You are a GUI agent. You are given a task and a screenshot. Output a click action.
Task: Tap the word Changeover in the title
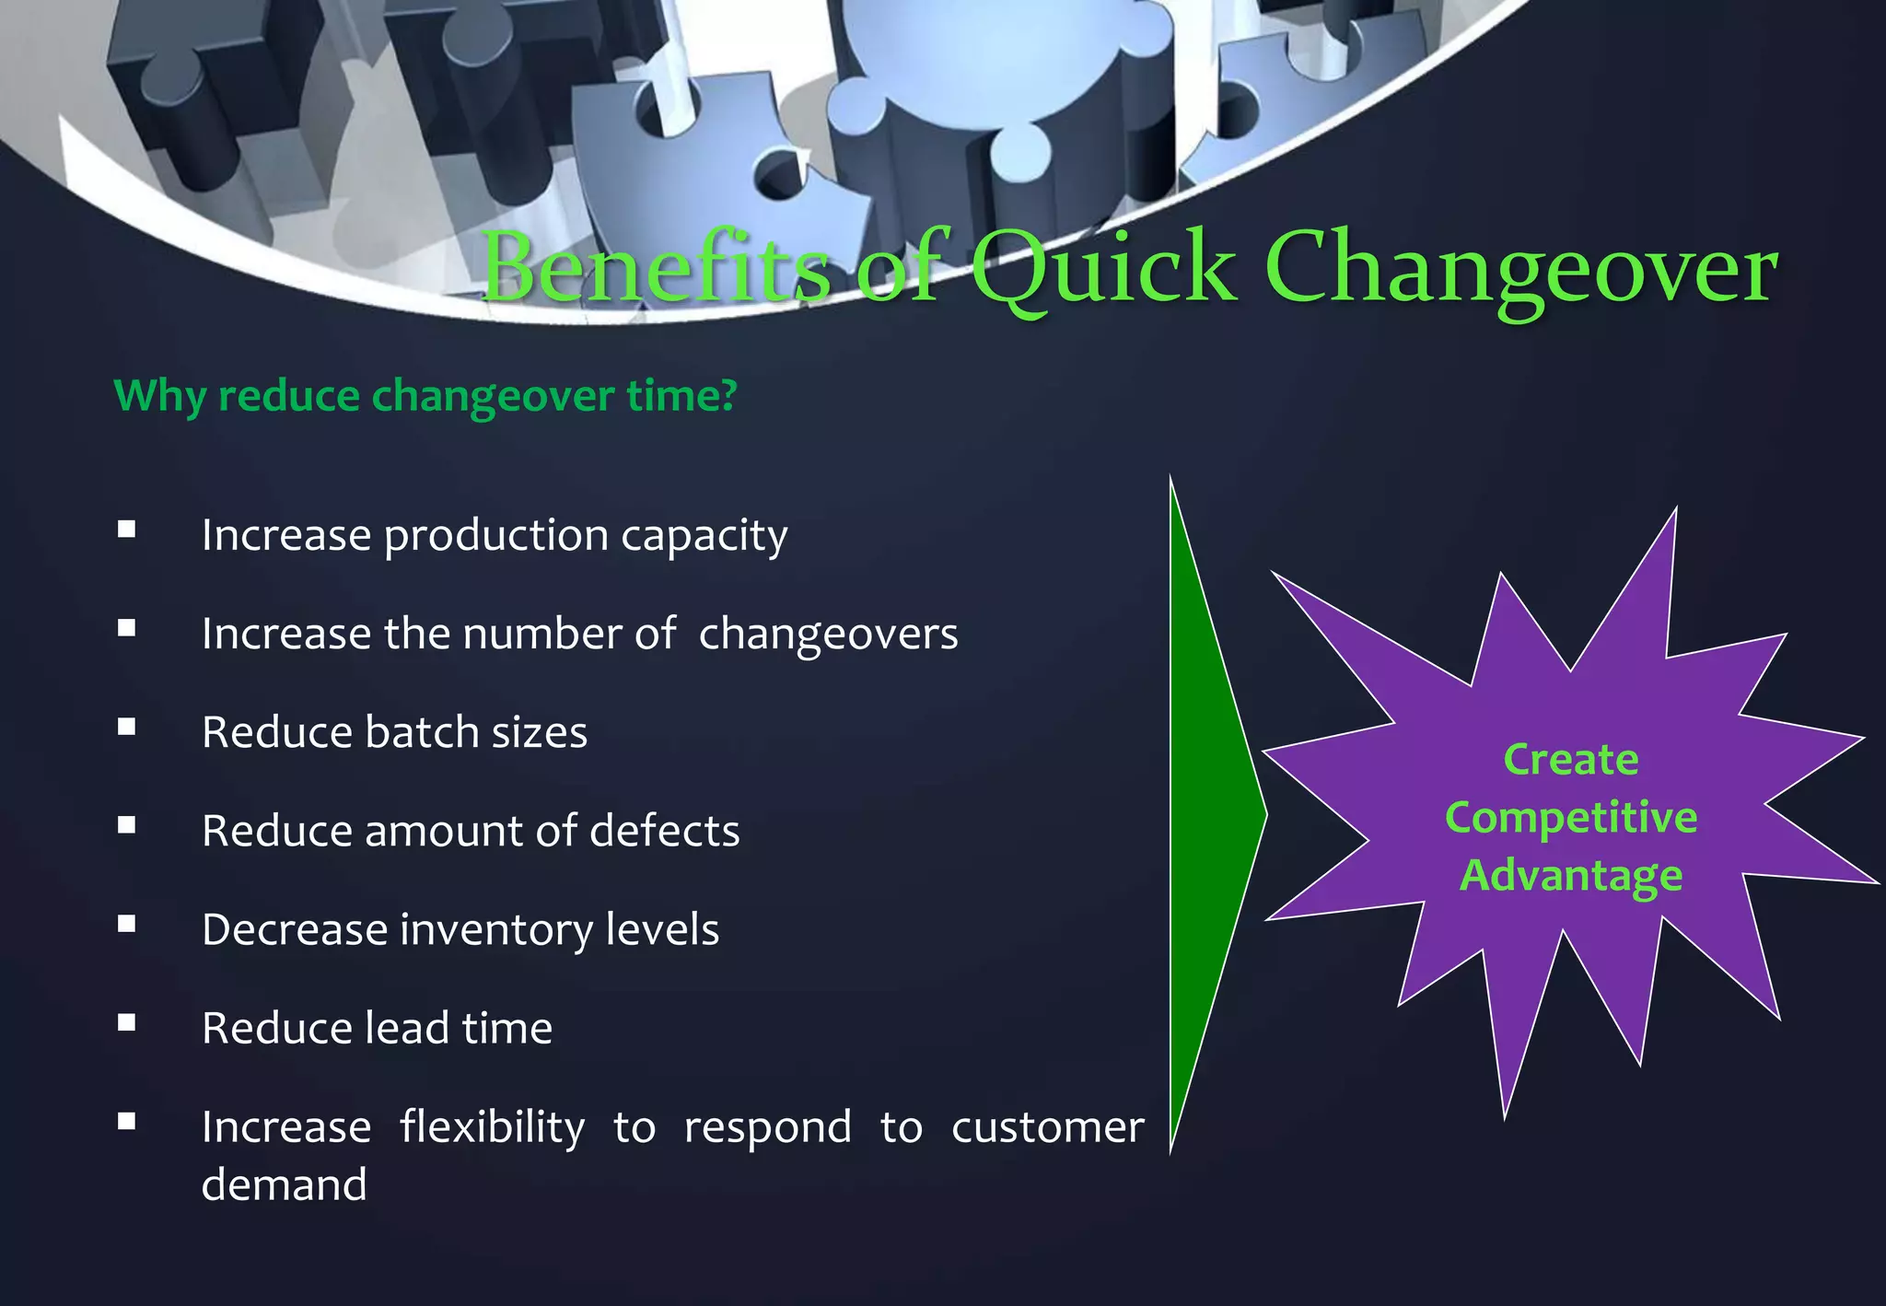pyautogui.click(x=1520, y=268)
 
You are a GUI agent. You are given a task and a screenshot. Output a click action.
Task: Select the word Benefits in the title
pyautogui.click(x=656, y=268)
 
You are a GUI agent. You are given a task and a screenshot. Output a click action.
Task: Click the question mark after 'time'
pyautogui.click(x=728, y=395)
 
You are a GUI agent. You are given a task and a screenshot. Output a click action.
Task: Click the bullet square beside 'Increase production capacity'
pyautogui.click(x=127, y=530)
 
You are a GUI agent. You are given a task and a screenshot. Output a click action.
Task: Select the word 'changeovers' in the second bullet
pyautogui.click(x=828, y=634)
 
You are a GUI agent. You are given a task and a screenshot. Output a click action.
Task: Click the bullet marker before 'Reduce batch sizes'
pyautogui.click(x=127, y=727)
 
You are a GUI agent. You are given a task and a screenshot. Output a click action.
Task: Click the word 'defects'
pyautogui.click(x=664, y=831)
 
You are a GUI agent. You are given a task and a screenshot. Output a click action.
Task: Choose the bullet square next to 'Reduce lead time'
pyautogui.click(x=127, y=1022)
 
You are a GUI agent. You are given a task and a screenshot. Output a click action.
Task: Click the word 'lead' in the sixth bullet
pyautogui.click(x=408, y=1028)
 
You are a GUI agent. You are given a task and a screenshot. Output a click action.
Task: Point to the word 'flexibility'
pyautogui.click(x=492, y=1128)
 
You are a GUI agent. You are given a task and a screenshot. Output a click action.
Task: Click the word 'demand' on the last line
pyautogui.click(x=284, y=1185)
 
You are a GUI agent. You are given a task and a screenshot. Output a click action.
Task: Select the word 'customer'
pyautogui.click(x=1047, y=1127)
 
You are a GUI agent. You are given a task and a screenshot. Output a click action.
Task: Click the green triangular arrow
pyautogui.click(x=1207, y=815)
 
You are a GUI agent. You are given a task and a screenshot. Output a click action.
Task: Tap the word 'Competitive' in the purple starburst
pyautogui.click(x=1570, y=818)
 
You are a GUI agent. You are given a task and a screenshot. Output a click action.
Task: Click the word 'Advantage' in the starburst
pyautogui.click(x=1571, y=875)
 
